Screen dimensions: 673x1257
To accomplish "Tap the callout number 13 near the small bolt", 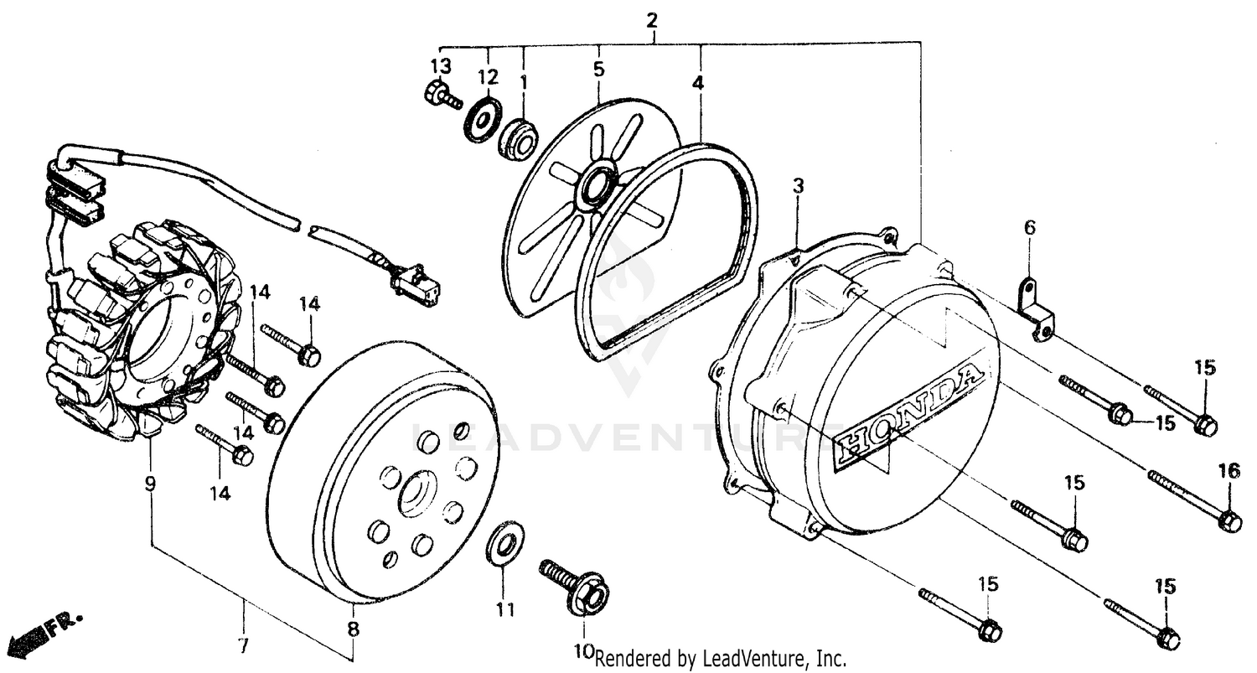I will click(x=441, y=66).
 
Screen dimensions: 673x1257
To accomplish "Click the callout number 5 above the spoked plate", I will click(x=598, y=69).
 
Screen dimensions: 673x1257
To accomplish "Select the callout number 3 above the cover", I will click(x=798, y=186).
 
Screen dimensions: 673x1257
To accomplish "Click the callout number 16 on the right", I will click(x=1229, y=472).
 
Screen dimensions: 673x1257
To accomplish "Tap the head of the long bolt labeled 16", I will click(x=1229, y=520).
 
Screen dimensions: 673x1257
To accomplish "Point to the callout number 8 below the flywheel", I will click(x=353, y=629).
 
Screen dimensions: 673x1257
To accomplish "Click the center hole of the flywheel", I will click(x=416, y=495).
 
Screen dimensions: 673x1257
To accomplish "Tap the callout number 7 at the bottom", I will click(x=244, y=647).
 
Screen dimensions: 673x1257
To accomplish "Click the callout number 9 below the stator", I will click(x=150, y=484).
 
